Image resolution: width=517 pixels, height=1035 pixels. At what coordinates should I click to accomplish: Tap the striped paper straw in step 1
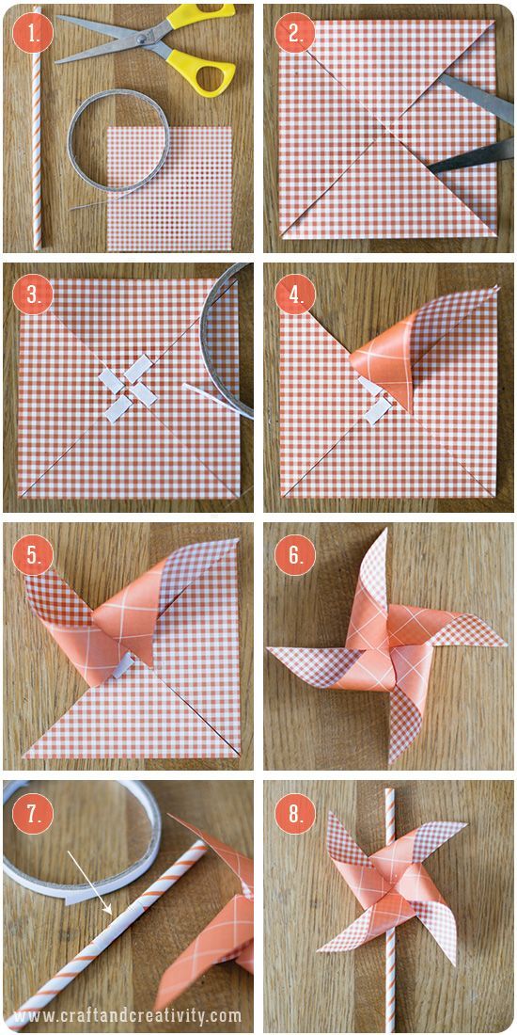coord(37,128)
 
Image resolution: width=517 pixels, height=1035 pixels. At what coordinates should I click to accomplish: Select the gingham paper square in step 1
coord(169,189)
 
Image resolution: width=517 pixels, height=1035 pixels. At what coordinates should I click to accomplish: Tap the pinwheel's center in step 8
coord(391,884)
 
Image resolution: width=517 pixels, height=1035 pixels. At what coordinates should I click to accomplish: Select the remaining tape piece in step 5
coord(123,669)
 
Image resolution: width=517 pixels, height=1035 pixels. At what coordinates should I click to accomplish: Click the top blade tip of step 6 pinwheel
coord(384,531)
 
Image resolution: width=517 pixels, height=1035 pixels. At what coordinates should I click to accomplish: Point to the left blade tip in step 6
coord(270,649)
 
